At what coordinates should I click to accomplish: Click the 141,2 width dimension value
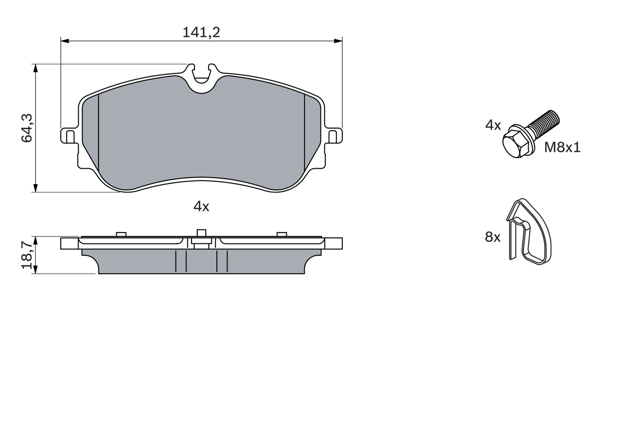tap(201, 33)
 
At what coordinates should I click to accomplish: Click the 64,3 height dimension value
tap(27, 128)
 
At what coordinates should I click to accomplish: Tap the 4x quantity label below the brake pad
tap(201, 207)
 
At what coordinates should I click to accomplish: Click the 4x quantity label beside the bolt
tap(493, 125)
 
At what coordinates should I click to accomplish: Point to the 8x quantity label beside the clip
tap(493, 237)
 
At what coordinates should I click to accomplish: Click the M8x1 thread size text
tap(562, 147)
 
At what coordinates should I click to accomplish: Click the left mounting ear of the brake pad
tap(68, 136)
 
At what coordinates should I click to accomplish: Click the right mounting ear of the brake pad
tap(334, 136)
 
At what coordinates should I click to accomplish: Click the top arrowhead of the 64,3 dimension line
tap(35, 68)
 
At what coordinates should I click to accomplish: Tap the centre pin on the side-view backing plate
tap(201, 234)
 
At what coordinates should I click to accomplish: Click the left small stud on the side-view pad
tap(121, 234)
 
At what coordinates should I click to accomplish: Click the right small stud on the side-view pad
tap(282, 234)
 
